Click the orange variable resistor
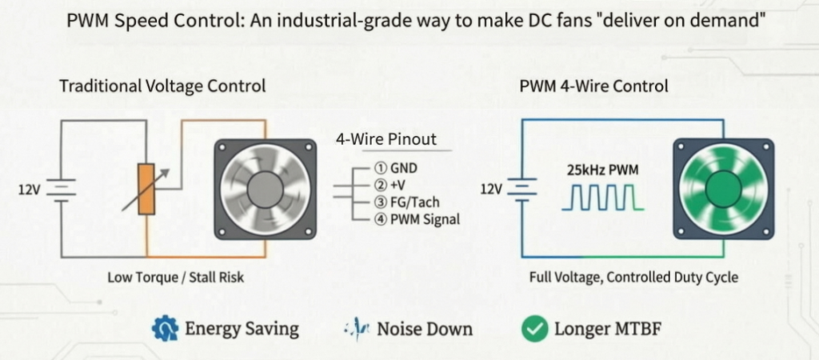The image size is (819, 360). coord(146,189)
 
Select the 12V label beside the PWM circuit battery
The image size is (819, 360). coord(492,189)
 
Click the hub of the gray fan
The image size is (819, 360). coord(266,189)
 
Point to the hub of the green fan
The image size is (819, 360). coord(724,189)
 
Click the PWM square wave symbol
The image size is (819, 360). coord(603,198)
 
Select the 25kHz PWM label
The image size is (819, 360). coord(602,170)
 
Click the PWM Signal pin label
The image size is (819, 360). coord(417,219)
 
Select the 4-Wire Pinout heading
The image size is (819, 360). coord(386,139)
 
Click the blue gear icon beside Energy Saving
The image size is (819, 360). coord(165,329)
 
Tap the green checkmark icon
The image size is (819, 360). coord(535,329)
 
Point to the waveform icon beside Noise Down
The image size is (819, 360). coord(358,329)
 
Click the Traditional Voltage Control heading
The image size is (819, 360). coord(162,86)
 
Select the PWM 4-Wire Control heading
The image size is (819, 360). coord(594,86)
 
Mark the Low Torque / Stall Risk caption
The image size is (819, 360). coord(175,277)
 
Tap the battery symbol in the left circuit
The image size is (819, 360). coord(61,189)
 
